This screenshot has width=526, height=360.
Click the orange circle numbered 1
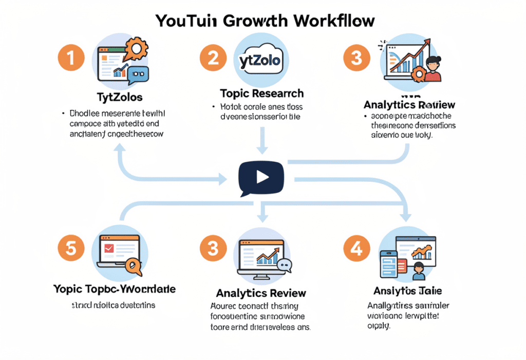(70, 58)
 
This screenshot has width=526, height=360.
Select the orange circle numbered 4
(356, 248)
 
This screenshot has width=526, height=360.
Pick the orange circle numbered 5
(70, 248)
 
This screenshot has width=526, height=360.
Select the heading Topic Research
(261, 93)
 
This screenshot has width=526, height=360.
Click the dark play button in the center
(261, 177)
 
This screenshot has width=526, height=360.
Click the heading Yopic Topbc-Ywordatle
(114, 289)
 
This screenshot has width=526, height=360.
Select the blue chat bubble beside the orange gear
(138, 75)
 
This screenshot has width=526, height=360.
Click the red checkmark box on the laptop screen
(109, 249)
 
